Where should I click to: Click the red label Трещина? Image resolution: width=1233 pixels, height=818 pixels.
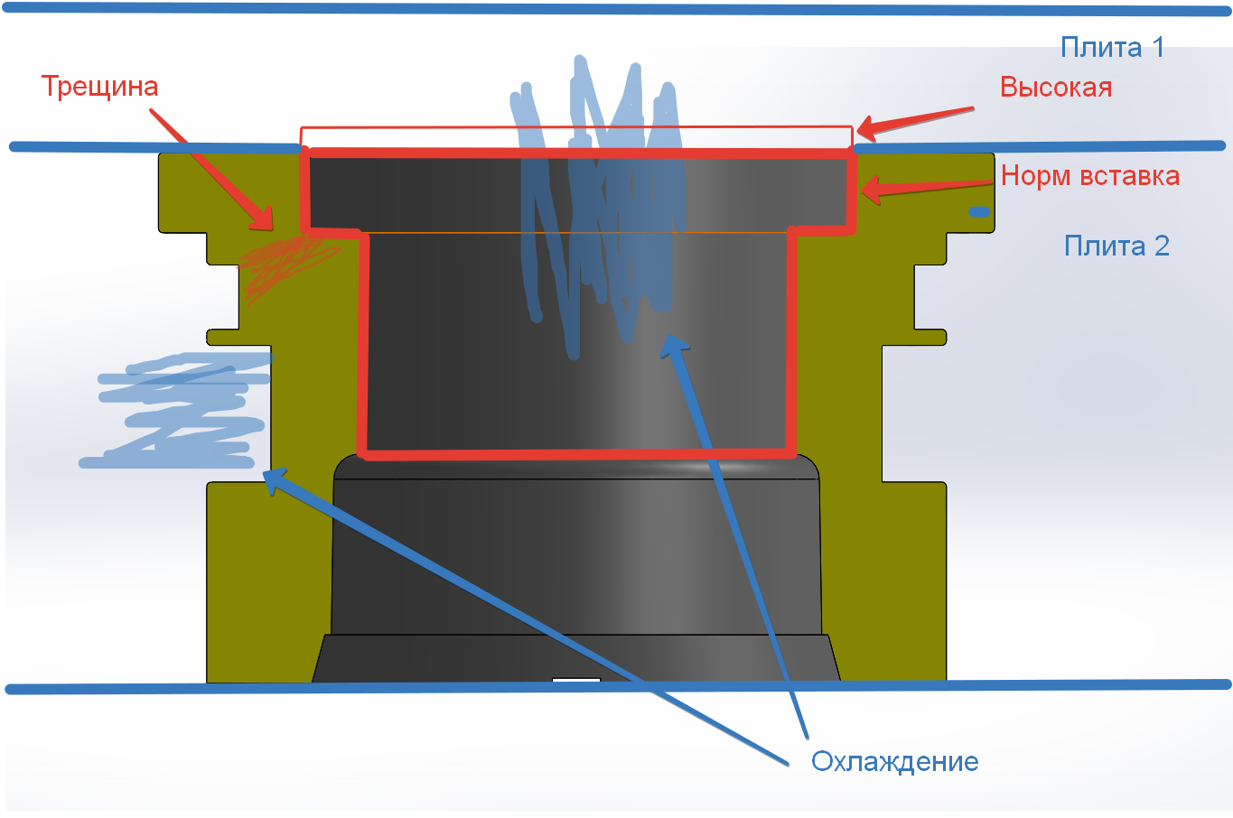(x=99, y=87)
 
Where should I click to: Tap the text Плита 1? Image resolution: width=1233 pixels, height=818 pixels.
(x=1112, y=47)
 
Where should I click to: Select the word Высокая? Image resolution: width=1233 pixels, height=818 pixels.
(x=1055, y=88)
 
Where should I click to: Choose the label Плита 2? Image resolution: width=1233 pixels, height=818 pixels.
(x=1116, y=246)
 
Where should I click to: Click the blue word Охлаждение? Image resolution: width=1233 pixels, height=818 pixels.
(x=894, y=761)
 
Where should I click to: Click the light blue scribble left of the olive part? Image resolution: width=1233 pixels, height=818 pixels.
(x=181, y=411)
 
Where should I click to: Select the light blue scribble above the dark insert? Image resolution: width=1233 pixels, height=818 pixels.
(x=596, y=199)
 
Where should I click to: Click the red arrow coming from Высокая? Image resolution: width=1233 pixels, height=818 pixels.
(x=912, y=122)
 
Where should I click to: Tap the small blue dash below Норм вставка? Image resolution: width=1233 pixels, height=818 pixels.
(x=979, y=212)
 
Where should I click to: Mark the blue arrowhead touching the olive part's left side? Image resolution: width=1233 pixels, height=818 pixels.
(x=275, y=477)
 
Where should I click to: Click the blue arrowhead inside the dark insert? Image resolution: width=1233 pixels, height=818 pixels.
(x=674, y=343)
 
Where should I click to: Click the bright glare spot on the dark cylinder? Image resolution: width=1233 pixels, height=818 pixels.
(x=723, y=467)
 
